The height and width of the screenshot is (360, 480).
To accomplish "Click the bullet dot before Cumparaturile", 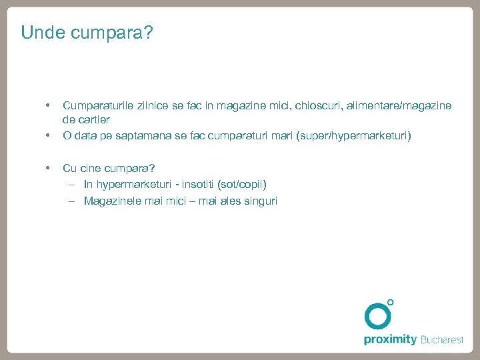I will (x=47, y=105).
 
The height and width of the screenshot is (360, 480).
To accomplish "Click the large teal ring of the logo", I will (x=377, y=316).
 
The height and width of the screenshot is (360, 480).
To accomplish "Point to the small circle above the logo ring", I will (x=391, y=303).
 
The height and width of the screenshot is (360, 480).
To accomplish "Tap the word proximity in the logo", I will (x=390, y=339).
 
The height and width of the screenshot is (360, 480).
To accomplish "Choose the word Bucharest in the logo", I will (x=442, y=339).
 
